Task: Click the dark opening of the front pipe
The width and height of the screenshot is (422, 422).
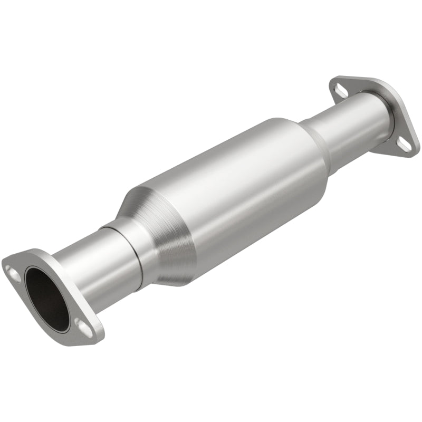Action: pyautogui.click(x=46, y=298)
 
